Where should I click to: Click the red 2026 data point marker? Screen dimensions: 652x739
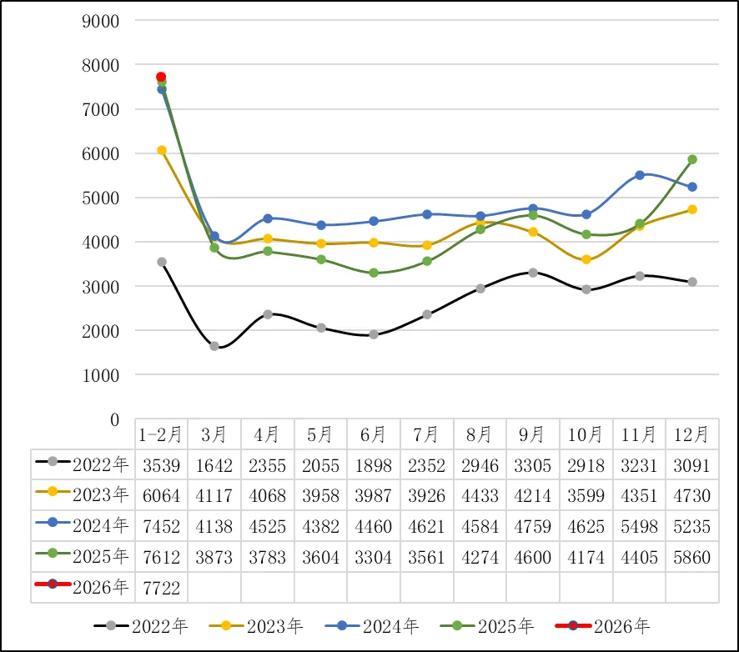point(161,77)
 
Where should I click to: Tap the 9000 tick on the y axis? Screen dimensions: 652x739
point(102,21)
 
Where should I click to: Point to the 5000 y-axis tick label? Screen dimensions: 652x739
point(102,198)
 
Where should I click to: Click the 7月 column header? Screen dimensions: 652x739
point(426,434)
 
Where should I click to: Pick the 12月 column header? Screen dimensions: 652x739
point(691,434)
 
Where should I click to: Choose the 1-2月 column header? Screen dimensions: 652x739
point(161,434)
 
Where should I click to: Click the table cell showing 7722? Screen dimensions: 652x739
point(161,587)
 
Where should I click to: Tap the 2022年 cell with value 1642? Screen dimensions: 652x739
point(214,465)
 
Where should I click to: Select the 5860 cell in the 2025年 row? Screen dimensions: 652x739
point(691,556)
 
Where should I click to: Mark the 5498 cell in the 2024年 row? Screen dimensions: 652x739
point(639,526)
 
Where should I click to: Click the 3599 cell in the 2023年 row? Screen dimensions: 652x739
point(586,495)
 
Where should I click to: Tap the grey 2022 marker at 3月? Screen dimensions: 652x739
point(214,346)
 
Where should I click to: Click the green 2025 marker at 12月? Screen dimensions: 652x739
point(691,159)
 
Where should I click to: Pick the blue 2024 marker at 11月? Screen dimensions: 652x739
point(639,175)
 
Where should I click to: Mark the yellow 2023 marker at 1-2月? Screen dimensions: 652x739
point(161,150)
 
